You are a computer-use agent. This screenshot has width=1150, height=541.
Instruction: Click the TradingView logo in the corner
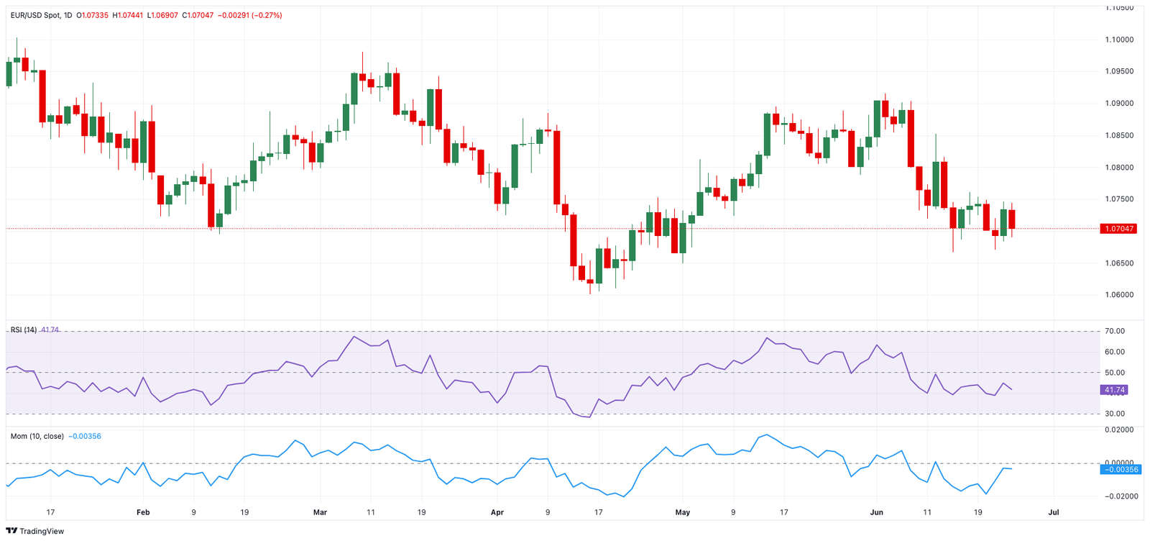pyautogui.click(x=34, y=531)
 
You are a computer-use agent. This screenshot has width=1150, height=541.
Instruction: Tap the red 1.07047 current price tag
pyautogui.click(x=1118, y=229)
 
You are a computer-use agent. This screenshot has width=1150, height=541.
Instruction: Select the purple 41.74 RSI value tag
pyautogui.click(x=1114, y=390)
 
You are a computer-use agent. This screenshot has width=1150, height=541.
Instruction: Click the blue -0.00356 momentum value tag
pyautogui.click(x=1120, y=469)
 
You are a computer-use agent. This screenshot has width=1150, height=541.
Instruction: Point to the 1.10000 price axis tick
pyautogui.click(x=1119, y=40)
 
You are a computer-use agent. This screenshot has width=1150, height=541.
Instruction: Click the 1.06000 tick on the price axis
pyautogui.click(x=1119, y=295)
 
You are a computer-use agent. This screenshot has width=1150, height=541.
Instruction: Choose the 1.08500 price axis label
pyautogui.click(x=1119, y=135)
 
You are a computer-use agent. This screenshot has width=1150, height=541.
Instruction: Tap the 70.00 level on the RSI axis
pyautogui.click(x=1115, y=331)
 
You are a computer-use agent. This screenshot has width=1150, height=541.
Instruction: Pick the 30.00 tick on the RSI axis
pyautogui.click(x=1115, y=414)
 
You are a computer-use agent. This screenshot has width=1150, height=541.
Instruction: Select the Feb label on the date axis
pyautogui.click(x=143, y=512)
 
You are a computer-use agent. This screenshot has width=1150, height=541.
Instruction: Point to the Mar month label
pyautogui.click(x=320, y=512)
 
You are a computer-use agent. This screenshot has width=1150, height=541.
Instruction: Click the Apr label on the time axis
pyautogui.click(x=497, y=512)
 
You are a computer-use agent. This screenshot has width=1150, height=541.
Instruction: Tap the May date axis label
pyautogui.click(x=683, y=512)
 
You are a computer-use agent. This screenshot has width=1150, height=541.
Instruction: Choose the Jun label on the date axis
pyautogui.click(x=876, y=512)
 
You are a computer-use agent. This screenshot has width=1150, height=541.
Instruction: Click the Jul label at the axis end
pyautogui.click(x=1054, y=512)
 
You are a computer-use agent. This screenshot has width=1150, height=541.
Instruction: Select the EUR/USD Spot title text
pyautogui.click(x=36, y=15)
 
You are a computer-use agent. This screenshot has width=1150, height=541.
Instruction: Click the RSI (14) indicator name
pyautogui.click(x=23, y=330)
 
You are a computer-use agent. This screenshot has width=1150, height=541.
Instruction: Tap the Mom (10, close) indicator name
pyautogui.click(x=37, y=436)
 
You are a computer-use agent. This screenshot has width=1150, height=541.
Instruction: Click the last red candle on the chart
pyautogui.click(x=1012, y=219)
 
